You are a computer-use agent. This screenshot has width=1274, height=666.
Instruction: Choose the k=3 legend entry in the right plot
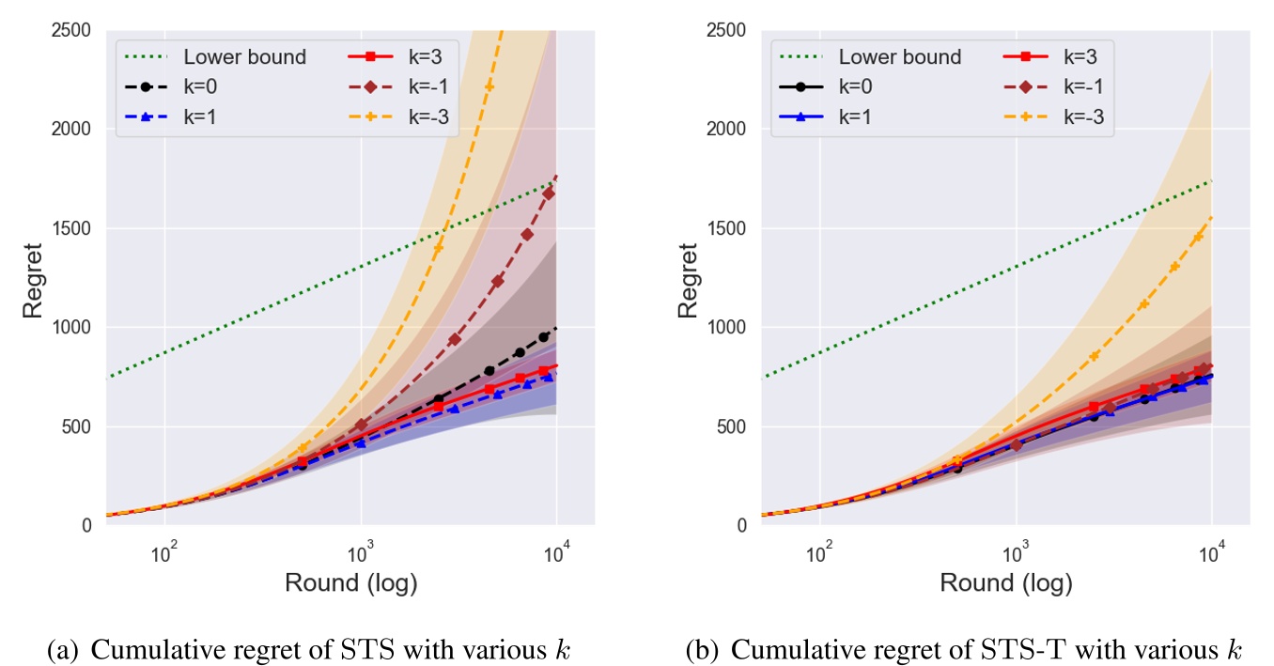click(x=1043, y=57)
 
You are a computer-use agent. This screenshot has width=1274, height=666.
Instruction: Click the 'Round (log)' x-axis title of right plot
click(x=1006, y=583)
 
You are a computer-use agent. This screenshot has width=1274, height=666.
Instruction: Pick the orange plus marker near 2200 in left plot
click(x=489, y=86)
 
